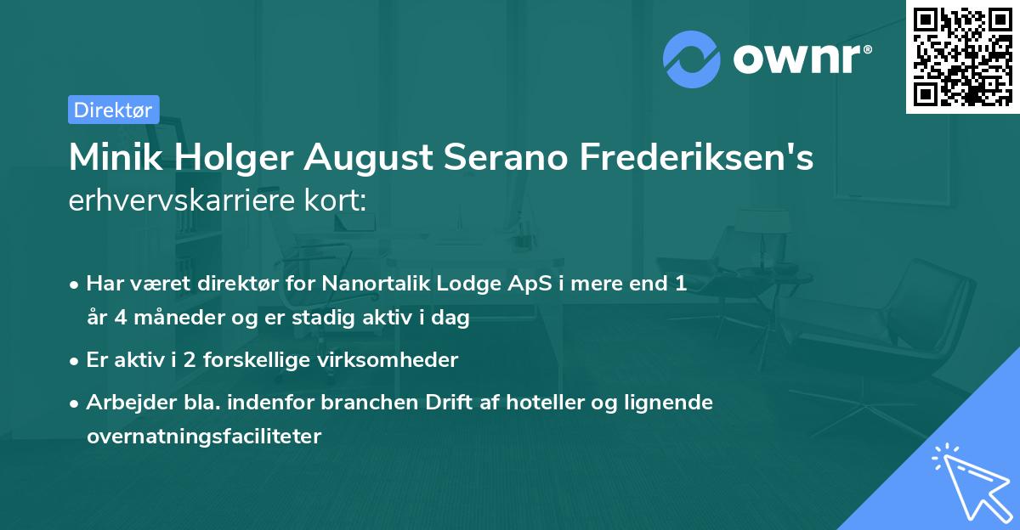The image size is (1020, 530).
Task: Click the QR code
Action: pyautogui.click(x=963, y=56)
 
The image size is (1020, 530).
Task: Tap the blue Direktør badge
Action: pyautogui.click(x=113, y=110)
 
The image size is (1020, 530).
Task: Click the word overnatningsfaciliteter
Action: pyautogui.click(x=204, y=437)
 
